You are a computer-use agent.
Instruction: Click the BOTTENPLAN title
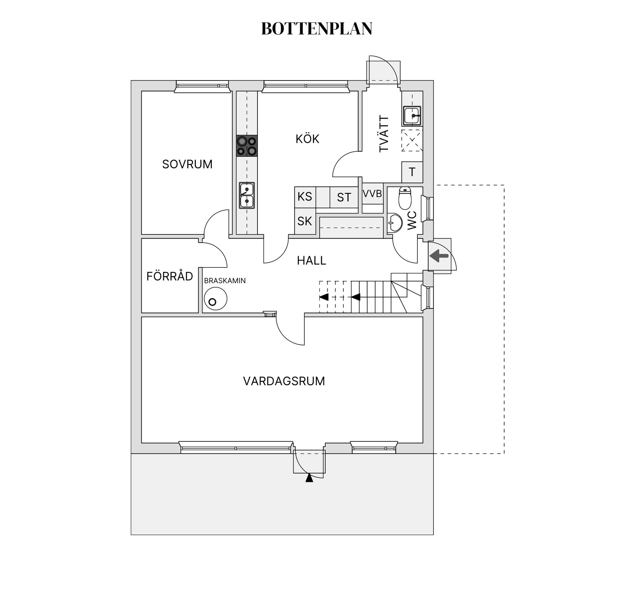click(x=317, y=29)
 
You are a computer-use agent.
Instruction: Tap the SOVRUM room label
click(x=187, y=164)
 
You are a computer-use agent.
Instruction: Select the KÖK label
click(x=307, y=139)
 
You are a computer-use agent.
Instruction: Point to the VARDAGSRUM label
click(x=284, y=381)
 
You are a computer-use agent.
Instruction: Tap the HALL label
click(x=311, y=261)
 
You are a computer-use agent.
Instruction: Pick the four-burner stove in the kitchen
click(x=247, y=146)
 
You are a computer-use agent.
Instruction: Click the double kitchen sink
click(x=247, y=195)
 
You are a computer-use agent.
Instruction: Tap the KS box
click(x=305, y=197)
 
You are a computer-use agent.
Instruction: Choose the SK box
click(x=305, y=221)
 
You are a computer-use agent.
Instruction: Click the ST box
click(x=344, y=197)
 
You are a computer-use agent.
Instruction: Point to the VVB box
click(x=372, y=194)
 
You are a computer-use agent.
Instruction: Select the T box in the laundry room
click(x=412, y=172)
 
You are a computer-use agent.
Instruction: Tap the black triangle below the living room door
click(x=309, y=478)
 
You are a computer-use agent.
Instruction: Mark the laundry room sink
click(x=412, y=116)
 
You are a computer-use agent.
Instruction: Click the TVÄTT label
click(x=384, y=134)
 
